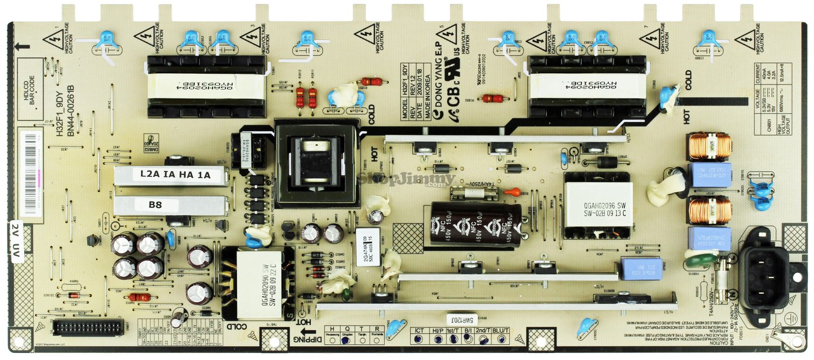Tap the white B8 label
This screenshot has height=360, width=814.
tap(156, 205)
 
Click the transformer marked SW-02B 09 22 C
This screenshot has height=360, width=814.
tap(258, 279)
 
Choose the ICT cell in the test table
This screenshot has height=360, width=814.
tap(419, 331)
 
